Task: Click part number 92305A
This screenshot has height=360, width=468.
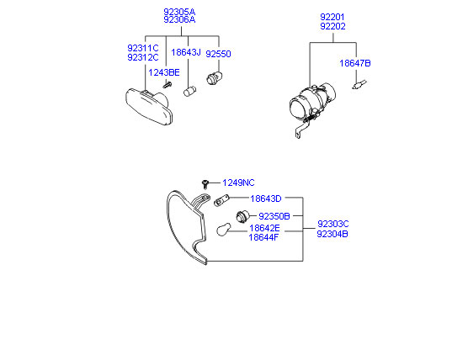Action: click(179, 12)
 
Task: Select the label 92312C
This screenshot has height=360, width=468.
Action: click(142, 57)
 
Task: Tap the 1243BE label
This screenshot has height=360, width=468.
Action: click(164, 72)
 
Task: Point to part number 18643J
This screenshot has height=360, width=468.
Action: click(186, 52)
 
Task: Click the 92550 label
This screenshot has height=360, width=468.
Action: click(218, 54)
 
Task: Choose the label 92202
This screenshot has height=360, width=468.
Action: click(332, 26)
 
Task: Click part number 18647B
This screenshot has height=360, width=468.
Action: click(355, 63)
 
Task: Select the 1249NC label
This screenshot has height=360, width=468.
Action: click(238, 183)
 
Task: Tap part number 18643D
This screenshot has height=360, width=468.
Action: click(266, 199)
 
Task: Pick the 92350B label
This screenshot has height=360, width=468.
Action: click(274, 216)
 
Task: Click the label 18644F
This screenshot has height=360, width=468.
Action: click(263, 237)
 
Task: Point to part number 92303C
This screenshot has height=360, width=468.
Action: click(332, 224)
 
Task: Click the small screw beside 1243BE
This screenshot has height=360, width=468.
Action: click(168, 85)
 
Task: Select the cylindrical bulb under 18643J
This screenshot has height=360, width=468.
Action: click(189, 92)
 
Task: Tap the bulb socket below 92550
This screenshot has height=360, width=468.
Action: click(215, 78)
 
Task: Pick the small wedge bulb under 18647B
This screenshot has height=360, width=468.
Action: click(359, 84)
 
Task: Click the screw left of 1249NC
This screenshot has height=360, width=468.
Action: click(205, 184)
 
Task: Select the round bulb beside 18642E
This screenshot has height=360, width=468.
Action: click(224, 230)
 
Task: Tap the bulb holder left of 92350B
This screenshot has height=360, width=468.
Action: click(242, 216)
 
